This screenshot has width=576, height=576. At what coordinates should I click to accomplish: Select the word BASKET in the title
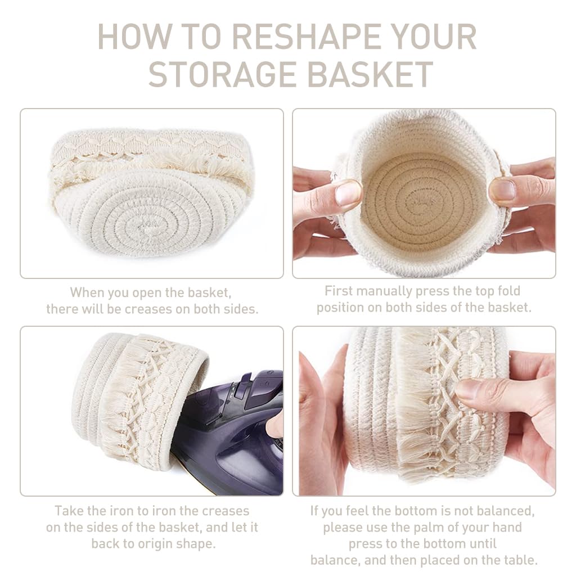click(x=375, y=74)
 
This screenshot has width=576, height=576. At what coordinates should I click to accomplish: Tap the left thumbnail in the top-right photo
click(x=348, y=193)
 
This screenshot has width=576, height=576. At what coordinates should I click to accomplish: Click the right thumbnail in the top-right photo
click(x=502, y=191)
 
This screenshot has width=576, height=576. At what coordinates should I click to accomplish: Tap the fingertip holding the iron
click(x=276, y=426)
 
